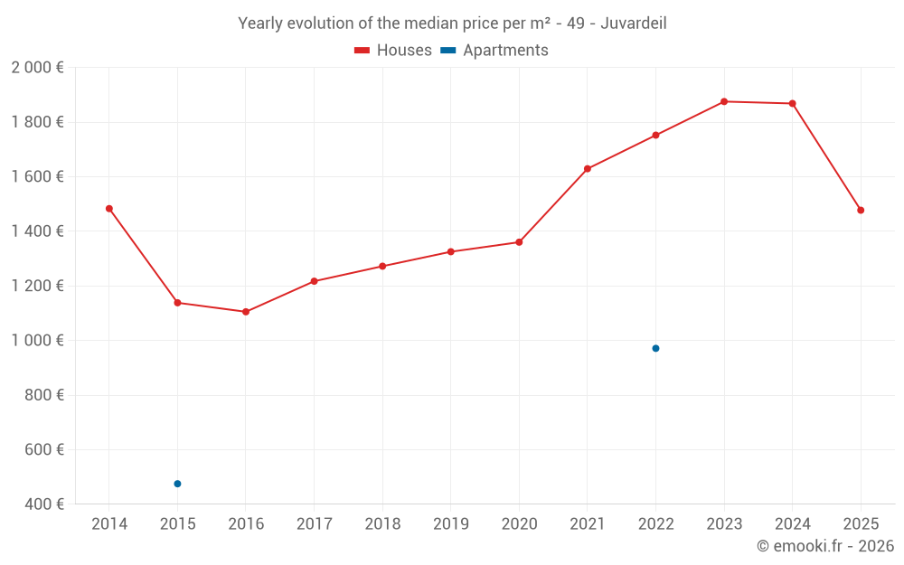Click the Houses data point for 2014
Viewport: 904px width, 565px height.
point(109,209)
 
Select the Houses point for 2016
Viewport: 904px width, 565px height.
point(246,312)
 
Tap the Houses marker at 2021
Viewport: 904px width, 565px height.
point(588,169)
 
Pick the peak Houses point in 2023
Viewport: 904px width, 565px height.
point(724,101)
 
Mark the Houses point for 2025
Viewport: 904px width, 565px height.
point(861,211)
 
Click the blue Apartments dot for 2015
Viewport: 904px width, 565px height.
point(177,484)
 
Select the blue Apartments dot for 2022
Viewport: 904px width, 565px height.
point(655,348)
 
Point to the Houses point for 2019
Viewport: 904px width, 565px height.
point(451,251)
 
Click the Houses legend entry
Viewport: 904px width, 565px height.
point(393,51)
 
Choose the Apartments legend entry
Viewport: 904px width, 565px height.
point(495,51)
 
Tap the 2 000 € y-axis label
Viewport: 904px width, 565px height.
point(37,68)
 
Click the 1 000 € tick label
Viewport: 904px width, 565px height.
point(37,341)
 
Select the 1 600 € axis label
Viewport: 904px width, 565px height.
point(37,177)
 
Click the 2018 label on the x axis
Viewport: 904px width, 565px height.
point(382,524)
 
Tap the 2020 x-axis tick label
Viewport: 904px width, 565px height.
point(519,524)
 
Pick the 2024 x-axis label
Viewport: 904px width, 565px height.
point(792,524)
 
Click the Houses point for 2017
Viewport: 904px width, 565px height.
point(314,281)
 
